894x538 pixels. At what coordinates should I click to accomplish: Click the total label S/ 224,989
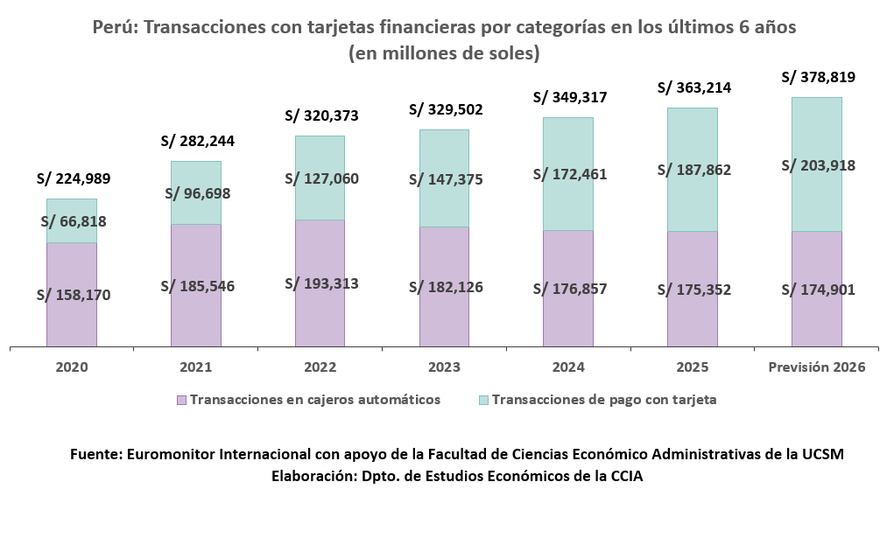pyautogui.click(x=74, y=178)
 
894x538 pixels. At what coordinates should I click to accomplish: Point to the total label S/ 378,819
pyautogui.click(x=818, y=77)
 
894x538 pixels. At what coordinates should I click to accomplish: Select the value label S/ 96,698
pyautogui.click(x=196, y=193)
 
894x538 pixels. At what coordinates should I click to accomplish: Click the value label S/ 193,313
pyautogui.click(x=321, y=283)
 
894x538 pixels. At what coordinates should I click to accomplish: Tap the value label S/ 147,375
pyautogui.click(x=446, y=179)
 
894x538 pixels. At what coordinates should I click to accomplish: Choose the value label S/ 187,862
pyautogui.click(x=693, y=170)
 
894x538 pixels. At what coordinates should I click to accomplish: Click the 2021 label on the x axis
pyautogui.click(x=196, y=367)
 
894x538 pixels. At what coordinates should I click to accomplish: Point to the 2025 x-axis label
pyautogui.click(x=693, y=367)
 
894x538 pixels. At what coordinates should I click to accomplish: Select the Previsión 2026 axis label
pyautogui.click(x=816, y=367)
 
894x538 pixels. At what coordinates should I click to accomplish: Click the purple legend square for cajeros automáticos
pyautogui.click(x=181, y=400)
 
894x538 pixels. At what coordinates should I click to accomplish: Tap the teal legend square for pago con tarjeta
pyautogui.click(x=483, y=400)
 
